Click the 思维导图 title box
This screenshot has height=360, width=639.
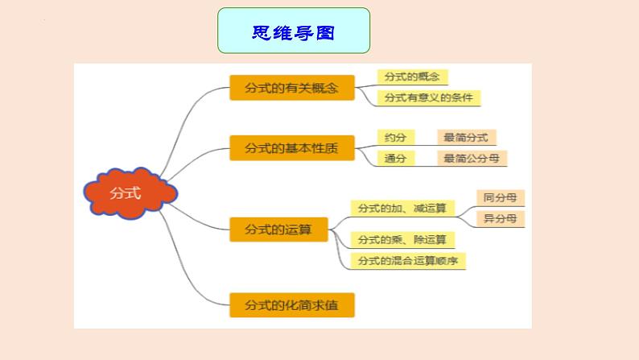tap(294, 31)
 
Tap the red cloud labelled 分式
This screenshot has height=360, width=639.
tap(130, 192)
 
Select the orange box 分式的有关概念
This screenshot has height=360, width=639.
tap(292, 88)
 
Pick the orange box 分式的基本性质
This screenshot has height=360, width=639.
tap(292, 148)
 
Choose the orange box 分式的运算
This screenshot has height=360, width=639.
tap(278, 230)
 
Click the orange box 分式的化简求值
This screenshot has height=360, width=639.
tap(292, 305)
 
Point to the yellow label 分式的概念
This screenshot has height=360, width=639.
tap(412, 77)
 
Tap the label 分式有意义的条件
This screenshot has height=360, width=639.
tap(429, 97)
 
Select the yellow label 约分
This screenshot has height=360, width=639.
tap(396, 138)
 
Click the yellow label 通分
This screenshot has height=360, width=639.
tap(396, 159)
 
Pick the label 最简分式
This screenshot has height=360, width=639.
tap(467, 138)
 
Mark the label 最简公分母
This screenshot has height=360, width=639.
tap(472, 159)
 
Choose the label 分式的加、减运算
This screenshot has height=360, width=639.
tap(402, 209)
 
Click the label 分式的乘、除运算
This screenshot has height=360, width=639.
tap(402, 240)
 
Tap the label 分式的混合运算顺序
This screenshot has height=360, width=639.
tap(408, 261)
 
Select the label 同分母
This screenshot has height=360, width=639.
tap(501, 198)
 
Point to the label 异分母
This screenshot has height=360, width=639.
tap(501, 219)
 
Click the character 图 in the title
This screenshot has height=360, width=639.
tap(325, 32)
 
